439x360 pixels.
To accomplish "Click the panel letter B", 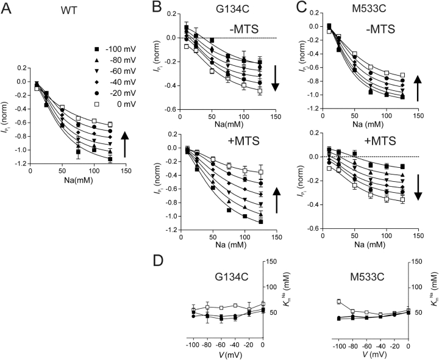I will click(x=156, y=8).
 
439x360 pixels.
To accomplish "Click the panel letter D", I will click(x=157, y=261).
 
